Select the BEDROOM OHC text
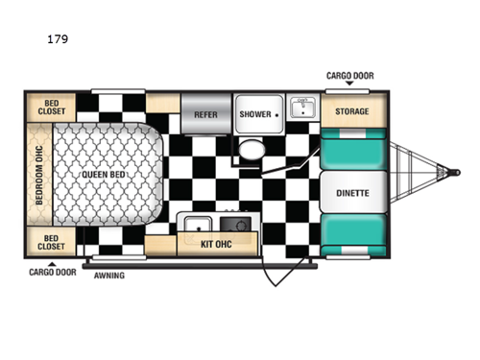(x=39, y=176)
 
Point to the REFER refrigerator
(x=205, y=113)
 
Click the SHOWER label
(x=255, y=113)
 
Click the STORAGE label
(x=351, y=111)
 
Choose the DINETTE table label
(x=352, y=191)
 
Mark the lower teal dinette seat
(x=352, y=231)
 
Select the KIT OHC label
(x=219, y=243)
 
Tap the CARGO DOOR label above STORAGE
(x=349, y=76)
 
